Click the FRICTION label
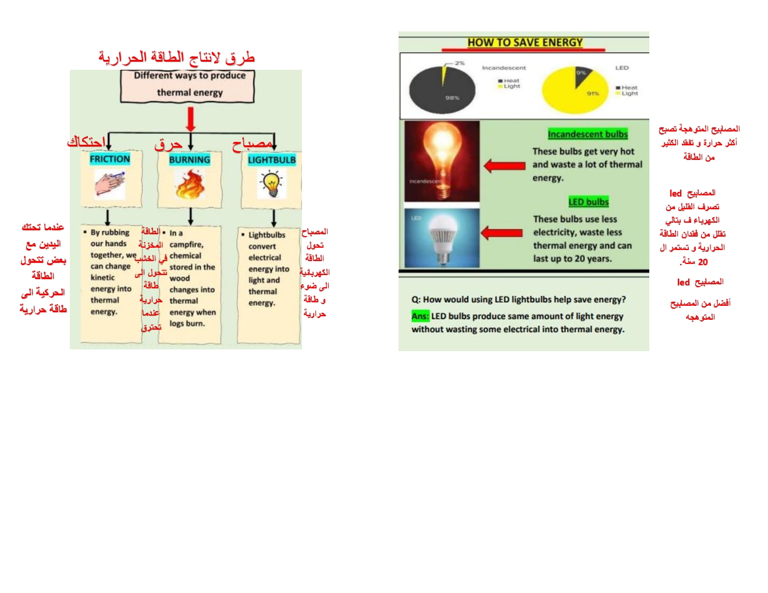pos(110,159)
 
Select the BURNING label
pos(190,160)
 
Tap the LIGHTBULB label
pos(272,160)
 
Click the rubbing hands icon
pos(110,185)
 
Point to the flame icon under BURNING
pos(189,185)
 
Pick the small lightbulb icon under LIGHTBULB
pos(271,184)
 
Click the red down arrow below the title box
pos(190,119)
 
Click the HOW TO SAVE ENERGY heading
pos(525,42)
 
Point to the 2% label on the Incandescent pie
pos(460,63)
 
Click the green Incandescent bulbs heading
pos(588,134)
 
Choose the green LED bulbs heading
pos(588,202)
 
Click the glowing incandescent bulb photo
pos(442,161)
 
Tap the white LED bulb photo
pos(442,238)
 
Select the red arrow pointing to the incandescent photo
pos(504,166)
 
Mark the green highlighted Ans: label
pos(420,316)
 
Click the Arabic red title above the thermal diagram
pos(176,57)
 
